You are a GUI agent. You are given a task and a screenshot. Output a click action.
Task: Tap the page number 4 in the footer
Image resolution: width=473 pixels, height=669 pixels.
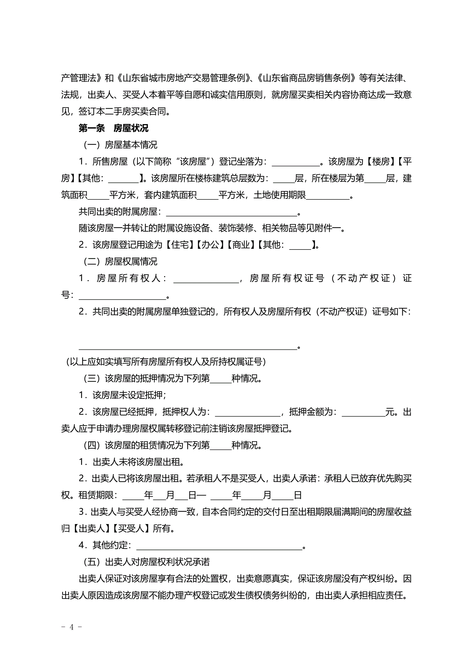tap(72, 627)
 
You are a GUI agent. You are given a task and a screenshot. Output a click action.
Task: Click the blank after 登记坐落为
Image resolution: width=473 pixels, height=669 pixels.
tap(296, 162)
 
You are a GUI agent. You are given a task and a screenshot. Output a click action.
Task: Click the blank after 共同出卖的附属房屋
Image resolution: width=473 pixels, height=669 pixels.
tap(232, 212)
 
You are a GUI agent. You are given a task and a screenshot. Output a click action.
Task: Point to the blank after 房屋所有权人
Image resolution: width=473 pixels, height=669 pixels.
tap(206, 279)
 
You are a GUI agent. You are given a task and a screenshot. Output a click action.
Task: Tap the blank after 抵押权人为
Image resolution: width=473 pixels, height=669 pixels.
tap(247, 412)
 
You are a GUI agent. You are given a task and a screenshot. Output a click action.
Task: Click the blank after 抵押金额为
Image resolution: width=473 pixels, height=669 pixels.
tap(363, 412)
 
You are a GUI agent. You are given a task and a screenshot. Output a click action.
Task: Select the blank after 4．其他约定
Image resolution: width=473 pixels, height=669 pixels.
tap(219, 545)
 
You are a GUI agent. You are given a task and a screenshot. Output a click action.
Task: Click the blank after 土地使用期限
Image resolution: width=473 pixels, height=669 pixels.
tap(328, 195)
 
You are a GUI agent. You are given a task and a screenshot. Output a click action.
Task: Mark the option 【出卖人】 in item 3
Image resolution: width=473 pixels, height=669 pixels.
tap(91, 528)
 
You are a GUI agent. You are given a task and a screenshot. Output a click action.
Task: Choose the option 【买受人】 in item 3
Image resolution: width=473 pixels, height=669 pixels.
tap(131, 528)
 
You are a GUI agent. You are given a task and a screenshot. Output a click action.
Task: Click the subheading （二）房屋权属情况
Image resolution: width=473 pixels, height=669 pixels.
tap(120, 262)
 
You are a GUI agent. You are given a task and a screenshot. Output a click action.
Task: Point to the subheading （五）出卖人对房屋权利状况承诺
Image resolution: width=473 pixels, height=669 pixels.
tap(147, 562)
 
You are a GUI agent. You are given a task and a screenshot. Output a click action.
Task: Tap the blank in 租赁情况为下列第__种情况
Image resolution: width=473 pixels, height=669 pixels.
tap(220, 445)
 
